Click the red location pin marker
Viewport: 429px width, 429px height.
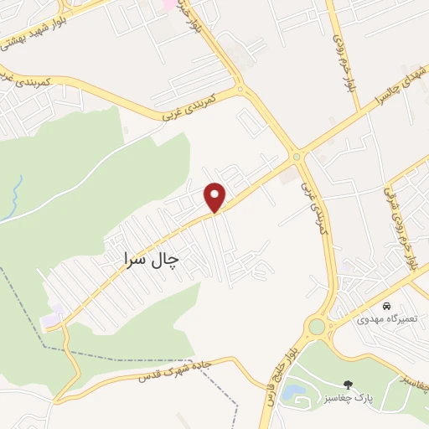215,196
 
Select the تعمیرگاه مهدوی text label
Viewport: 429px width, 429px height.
385,318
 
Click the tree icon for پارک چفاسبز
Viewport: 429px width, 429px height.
349,385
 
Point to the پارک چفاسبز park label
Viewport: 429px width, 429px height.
356,397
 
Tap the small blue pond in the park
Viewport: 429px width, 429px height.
293,390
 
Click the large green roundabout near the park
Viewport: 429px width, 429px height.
317,326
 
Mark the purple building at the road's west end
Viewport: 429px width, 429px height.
53,317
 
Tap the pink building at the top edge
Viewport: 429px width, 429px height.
169,4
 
